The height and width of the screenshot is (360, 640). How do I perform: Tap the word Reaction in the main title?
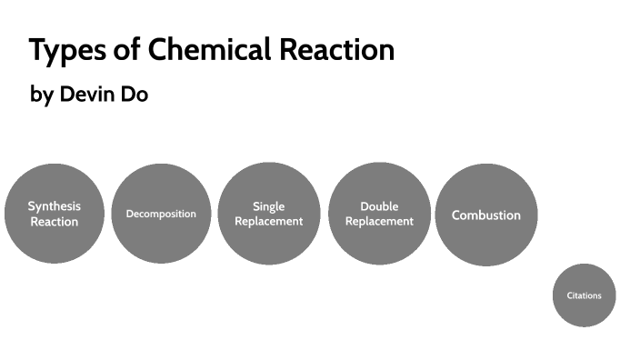pos(335,50)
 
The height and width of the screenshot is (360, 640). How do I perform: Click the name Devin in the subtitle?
pos(88,95)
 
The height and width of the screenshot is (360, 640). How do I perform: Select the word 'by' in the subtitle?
pos(42,95)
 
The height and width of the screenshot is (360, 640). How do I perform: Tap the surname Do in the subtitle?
pos(134,95)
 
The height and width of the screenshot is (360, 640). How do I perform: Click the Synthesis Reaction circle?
pos(55,214)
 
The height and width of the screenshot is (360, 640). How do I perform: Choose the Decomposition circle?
pos(161,214)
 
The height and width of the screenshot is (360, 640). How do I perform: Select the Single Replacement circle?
pos(269,214)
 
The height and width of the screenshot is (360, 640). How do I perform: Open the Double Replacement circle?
pos(379,214)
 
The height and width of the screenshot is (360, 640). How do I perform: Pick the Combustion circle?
pos(486,215)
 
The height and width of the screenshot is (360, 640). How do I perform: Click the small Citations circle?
pos(584,295)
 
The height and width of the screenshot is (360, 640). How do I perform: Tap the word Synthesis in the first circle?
pos(55,206)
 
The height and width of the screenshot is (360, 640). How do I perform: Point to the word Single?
pos(269,206)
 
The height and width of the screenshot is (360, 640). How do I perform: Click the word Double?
pos(379,206)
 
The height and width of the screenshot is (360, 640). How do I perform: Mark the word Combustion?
pos(486,215)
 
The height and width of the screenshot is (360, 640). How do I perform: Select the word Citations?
pos(584,295)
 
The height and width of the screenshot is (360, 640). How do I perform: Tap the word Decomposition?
pos(161,214)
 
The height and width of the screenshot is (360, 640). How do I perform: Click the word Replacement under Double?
pos(379,221)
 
